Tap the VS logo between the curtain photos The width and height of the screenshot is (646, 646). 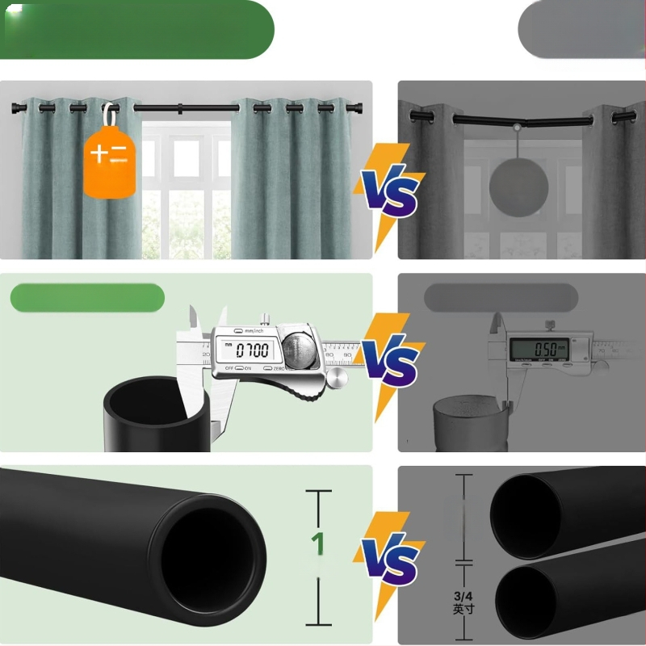[390, 191]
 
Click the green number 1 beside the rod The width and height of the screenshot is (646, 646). [320, 543]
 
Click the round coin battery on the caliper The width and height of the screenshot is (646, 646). [299, 350]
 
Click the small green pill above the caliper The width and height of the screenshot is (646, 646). [87, 298]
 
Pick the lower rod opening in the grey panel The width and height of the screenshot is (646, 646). [525, 602]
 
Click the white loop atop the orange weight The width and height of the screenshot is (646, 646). [107, 111]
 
